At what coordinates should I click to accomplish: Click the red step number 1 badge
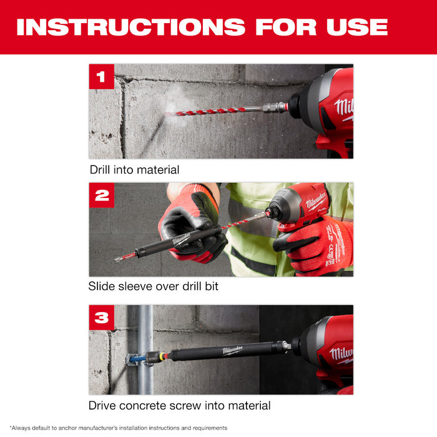point(102,77)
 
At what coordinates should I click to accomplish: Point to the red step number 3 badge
point(102,318)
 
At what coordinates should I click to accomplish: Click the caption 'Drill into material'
point(134,169)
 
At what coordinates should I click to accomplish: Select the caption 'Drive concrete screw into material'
point(180,406)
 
